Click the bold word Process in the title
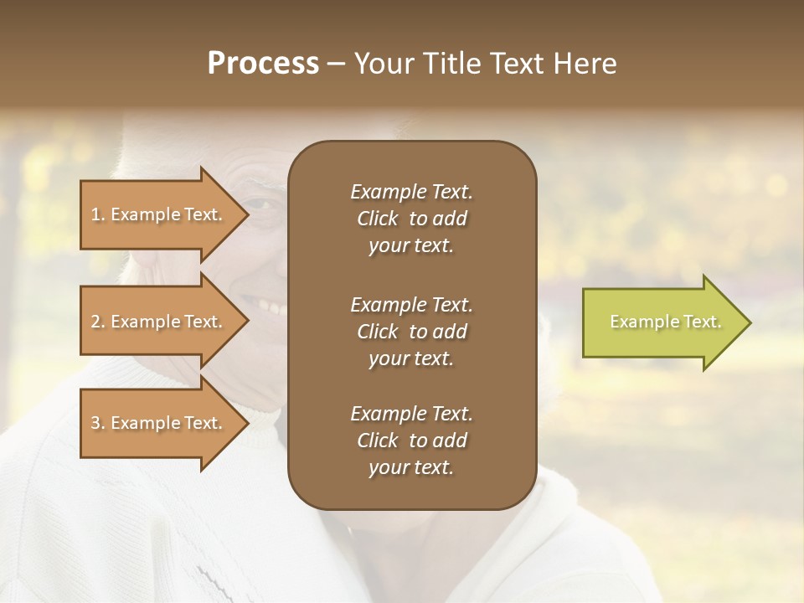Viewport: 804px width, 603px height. (263, 64)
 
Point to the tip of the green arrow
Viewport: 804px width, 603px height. (750, 322)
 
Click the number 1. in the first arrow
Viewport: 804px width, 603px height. (98, 214)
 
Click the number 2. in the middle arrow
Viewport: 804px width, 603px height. (98, 322)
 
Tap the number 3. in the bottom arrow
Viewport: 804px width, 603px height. (98, 423)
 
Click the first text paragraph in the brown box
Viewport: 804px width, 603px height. (411, 219)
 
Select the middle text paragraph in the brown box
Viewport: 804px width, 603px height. (411, 331)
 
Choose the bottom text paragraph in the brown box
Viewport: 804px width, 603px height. (411, 441)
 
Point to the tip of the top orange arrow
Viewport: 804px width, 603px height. (248, 214)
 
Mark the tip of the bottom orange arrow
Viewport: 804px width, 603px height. (248, 423)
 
